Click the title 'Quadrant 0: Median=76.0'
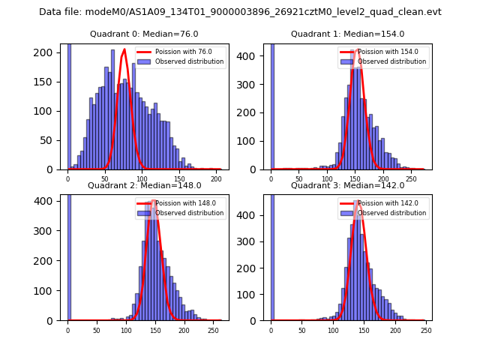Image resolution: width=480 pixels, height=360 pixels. click(x=144, y=34)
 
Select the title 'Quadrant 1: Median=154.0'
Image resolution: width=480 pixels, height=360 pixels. click(x=347, y=34)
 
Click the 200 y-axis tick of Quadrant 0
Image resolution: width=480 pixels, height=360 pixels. click(x=47, y=55)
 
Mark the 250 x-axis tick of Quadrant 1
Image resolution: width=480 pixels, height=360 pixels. click(x=410, y=178)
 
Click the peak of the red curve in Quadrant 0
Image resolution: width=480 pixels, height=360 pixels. click(x=124, y=50)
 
